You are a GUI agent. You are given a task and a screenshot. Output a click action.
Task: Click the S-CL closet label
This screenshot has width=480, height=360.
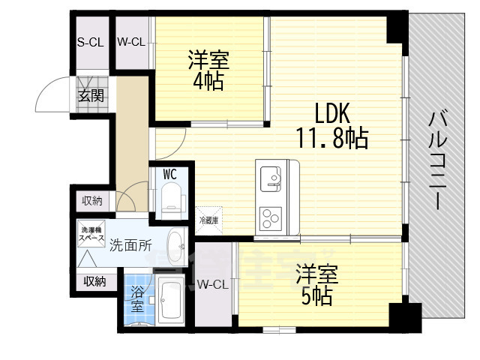tap(90, 42)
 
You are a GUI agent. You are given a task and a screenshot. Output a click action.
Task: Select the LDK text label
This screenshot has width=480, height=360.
tap(332, 113)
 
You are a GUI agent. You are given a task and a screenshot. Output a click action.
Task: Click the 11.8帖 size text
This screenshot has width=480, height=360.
tap(332, 139)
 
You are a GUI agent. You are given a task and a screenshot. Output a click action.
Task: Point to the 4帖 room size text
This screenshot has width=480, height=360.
tap(208, 81)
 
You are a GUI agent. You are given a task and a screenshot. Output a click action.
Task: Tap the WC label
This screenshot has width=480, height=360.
tap(169, 174)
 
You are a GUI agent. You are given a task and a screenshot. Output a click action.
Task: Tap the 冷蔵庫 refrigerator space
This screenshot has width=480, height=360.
tap(208, 220)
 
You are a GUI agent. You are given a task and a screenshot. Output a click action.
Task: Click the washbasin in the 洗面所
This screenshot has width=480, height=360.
tap(177, 244)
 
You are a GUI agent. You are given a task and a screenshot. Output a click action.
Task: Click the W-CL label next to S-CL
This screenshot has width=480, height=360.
tap(130, 42)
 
